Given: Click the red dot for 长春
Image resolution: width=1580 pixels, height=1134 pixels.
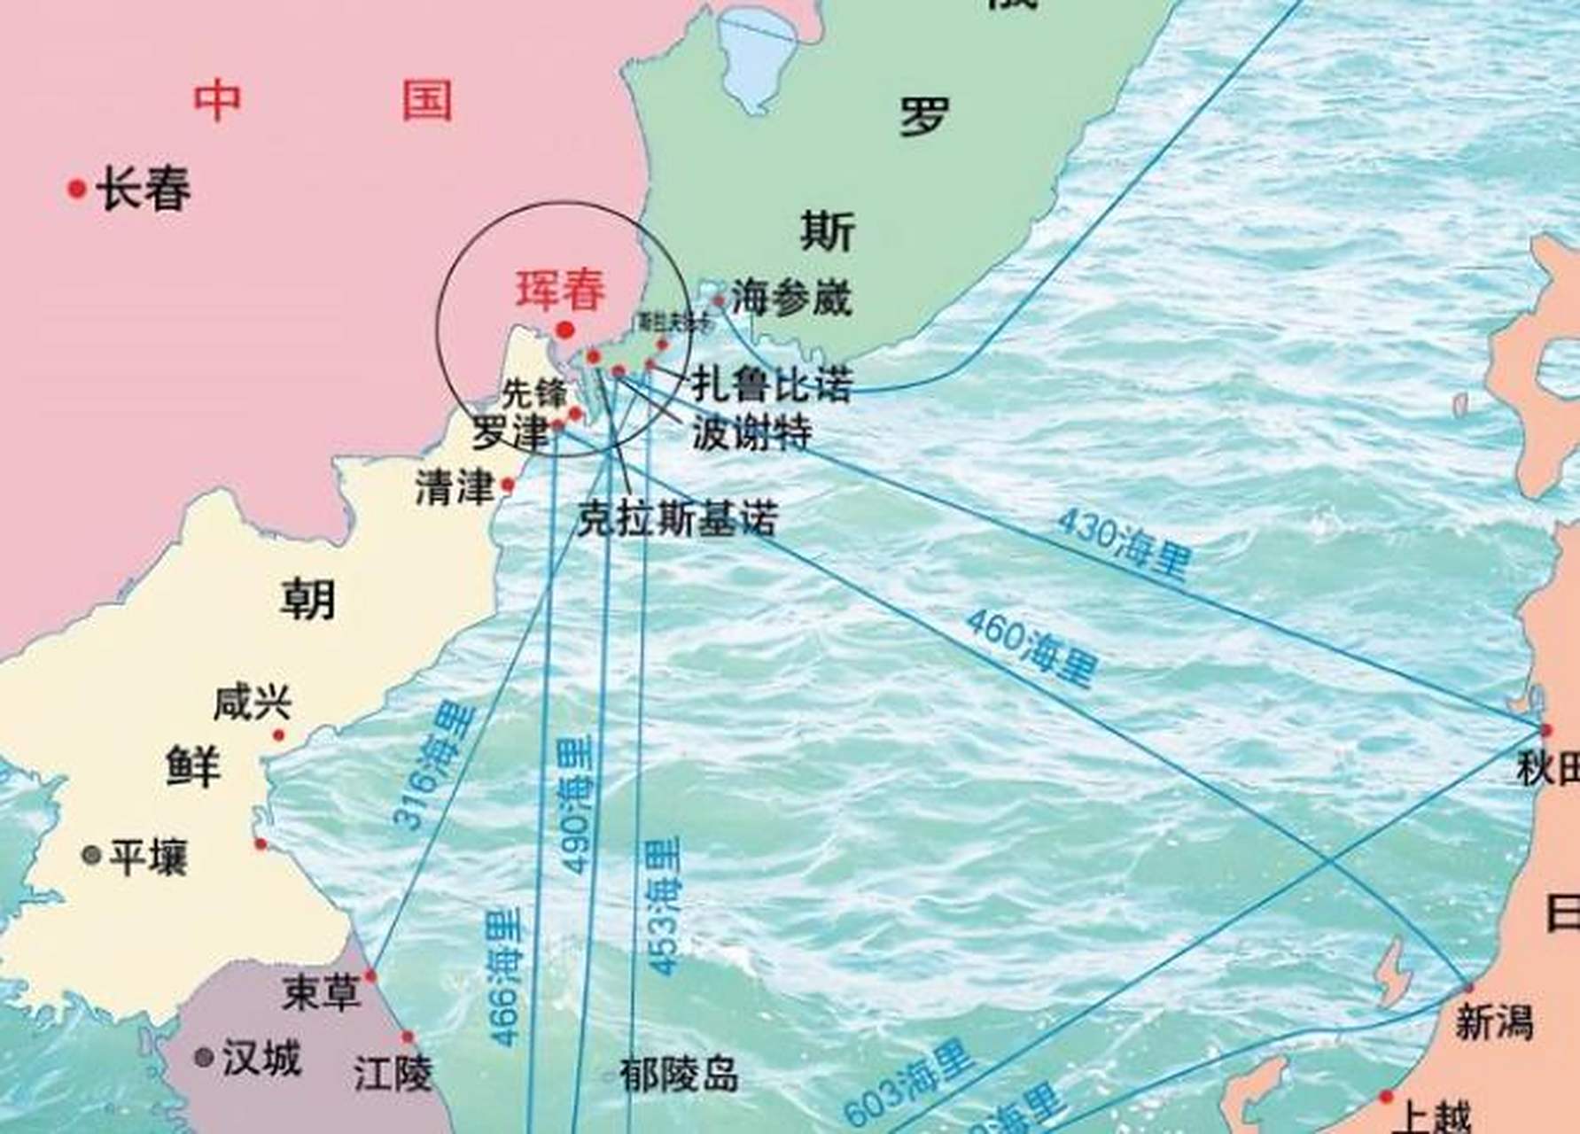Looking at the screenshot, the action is tap(77, 188).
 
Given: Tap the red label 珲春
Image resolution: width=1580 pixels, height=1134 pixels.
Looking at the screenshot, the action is tap(561, 290).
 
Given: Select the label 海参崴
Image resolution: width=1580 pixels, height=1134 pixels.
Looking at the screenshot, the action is tap(791, 298).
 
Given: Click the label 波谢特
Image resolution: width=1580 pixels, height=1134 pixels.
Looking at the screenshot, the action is tap(751, 433).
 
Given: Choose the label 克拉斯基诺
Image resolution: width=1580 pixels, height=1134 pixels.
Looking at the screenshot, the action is tap(677, 519).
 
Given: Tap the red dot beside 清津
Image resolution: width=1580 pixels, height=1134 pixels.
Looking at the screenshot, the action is tap(508, 485).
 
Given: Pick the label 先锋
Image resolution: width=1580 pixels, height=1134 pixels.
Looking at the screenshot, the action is tap(533, 392).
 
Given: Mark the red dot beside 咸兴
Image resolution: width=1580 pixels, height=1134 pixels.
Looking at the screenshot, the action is tap(279, 734).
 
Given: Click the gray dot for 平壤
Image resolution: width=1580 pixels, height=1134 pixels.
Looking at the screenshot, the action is tap(90, 855).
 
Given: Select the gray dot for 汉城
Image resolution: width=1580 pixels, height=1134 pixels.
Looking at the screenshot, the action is tap(204, 1057).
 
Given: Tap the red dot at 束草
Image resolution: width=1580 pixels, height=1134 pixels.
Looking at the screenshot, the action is tap(370, 976).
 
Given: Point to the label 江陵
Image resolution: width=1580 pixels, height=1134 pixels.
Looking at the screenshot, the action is tap(393, 1075).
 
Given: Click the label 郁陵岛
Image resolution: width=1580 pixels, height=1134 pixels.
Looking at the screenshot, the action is tap(679, 1076).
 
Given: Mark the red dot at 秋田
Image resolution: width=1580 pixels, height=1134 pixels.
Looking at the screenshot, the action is tap(1546, 730).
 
